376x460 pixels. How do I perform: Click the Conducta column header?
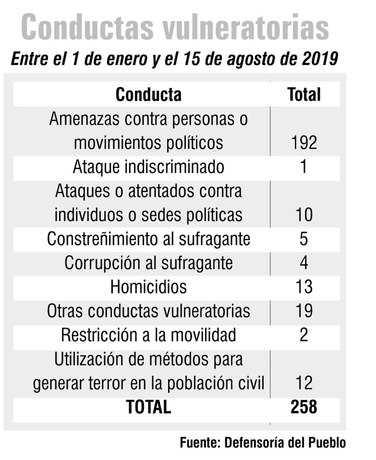click(149, 95)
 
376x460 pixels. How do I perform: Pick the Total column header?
click(304, 95)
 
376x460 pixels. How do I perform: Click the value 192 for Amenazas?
click(304, 143)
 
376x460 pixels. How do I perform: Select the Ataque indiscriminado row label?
click(149, 166)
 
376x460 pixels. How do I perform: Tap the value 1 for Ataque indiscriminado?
click(304, 166)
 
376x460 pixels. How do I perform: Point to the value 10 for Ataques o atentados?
click(304, 215)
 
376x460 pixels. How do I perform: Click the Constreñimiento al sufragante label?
click(149, 238)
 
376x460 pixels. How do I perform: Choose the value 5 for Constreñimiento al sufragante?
click(304, 238)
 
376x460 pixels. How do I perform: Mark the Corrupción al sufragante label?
click(149, 263)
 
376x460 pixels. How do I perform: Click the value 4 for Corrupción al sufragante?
click(304, 263)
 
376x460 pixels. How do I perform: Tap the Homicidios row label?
click(149, 286)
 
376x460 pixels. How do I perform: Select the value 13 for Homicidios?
click(304, 286)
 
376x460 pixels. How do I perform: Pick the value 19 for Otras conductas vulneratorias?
click(304, 311)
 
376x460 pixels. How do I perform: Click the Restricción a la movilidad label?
click(149, 335)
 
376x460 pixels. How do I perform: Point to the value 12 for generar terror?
click(304, 383)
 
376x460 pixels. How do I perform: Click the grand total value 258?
click(304, 407)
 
